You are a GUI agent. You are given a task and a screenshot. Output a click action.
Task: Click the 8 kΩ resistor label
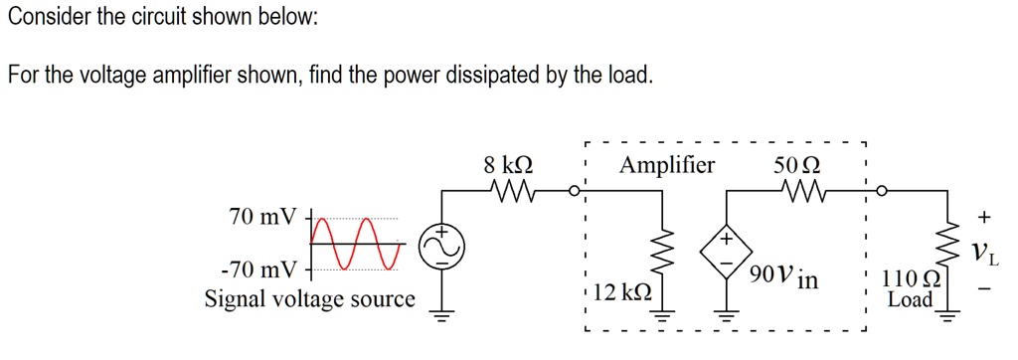[507, 165]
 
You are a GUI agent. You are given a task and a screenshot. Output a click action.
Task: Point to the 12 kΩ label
[622, 293]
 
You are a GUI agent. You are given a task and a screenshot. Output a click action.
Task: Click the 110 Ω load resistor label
[910, 280]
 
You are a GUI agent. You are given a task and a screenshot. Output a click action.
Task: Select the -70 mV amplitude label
[257, 270]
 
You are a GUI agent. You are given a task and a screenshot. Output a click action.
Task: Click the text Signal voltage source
[309, 298]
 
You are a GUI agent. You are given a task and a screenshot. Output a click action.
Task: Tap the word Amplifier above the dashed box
[666, 165]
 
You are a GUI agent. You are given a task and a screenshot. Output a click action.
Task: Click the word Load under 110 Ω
[910, 299]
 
